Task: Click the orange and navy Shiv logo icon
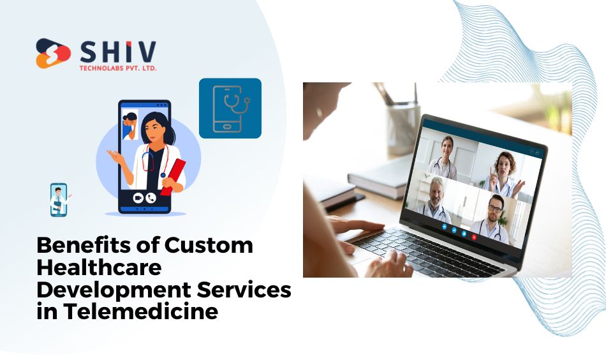pyautogui.click(x=54, y=54)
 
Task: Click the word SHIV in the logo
pyautogui.click(x=118, y=52)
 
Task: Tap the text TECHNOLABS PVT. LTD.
pyautogui.click(x=118, y=68)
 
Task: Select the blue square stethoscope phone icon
pyautogui.click(x=230, y=109)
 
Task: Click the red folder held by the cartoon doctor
pyautogui.click(x=173, y=177)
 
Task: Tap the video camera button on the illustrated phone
pyautogui.click(x=138, y=198)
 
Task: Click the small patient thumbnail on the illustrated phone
pyautogui.click(x=130, y=124)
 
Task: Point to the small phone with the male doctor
pyautogui.click(x=59, y=200)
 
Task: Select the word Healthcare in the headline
pyautogui.click(x=99, y=267)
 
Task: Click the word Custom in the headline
pyautogui.click(x=209, y=245)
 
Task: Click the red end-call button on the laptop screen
pyautogui.click(x=474, y=237)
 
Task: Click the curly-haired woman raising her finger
pyautogui.click(x=503, y=175)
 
